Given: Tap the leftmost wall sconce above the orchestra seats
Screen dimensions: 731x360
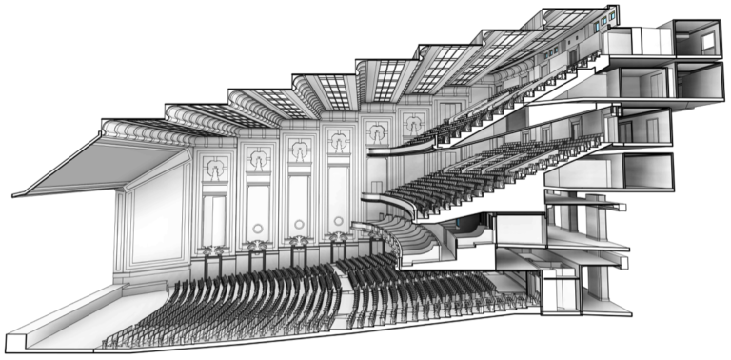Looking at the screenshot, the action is [211, 250].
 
